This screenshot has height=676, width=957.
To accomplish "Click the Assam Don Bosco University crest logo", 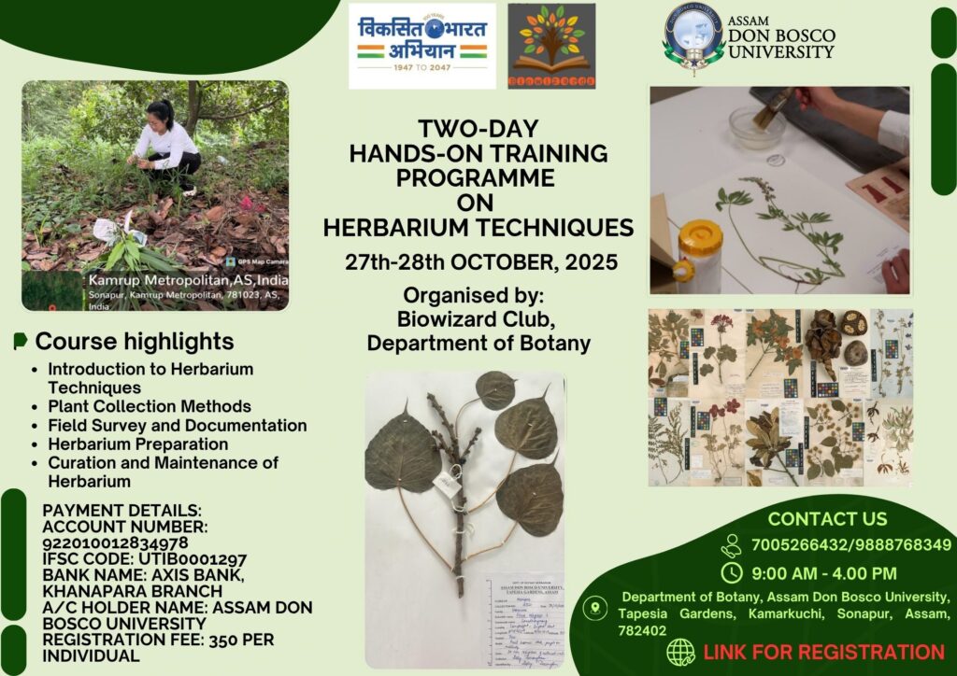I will [694, 37].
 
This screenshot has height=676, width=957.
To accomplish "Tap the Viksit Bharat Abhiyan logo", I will [422, 46].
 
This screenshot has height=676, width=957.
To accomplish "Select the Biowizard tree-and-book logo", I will [551, 46].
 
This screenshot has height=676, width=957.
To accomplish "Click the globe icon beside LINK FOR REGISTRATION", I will [681, 653].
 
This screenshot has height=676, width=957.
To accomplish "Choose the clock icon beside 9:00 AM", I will [733, 572].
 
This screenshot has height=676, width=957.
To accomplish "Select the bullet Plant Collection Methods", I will [150, 406].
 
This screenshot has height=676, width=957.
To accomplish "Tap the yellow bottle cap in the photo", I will [700, 239].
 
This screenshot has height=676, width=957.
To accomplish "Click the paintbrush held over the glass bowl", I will [777, 108].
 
